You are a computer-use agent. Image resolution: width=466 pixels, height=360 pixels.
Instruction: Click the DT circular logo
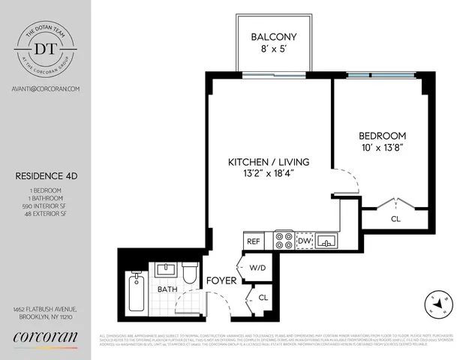tap(47, 47)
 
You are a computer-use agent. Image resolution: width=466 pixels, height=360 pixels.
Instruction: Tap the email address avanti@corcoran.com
tap(47, 88)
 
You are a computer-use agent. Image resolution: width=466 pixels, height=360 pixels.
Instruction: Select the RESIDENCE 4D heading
tap(46, 177)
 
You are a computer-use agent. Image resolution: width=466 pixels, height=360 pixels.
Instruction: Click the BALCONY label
tap(272, 36)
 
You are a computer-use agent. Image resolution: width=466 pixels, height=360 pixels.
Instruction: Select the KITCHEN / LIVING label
tap(269, 162)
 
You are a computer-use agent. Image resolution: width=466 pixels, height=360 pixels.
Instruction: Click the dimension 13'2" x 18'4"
tap(269, 175)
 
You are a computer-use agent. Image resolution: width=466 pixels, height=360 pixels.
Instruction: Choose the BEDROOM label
tap(382, 136)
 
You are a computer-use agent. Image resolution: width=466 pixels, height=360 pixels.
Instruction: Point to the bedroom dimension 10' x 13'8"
tap(382, 148)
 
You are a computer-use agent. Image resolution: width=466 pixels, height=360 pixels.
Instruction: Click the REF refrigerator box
tap(254, 241)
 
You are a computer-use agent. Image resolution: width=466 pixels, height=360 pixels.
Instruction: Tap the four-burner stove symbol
tap(284, 240)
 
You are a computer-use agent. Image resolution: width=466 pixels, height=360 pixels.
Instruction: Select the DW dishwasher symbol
tap(305, 241)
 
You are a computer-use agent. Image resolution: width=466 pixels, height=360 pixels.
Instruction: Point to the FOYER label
tap(222, 281)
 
